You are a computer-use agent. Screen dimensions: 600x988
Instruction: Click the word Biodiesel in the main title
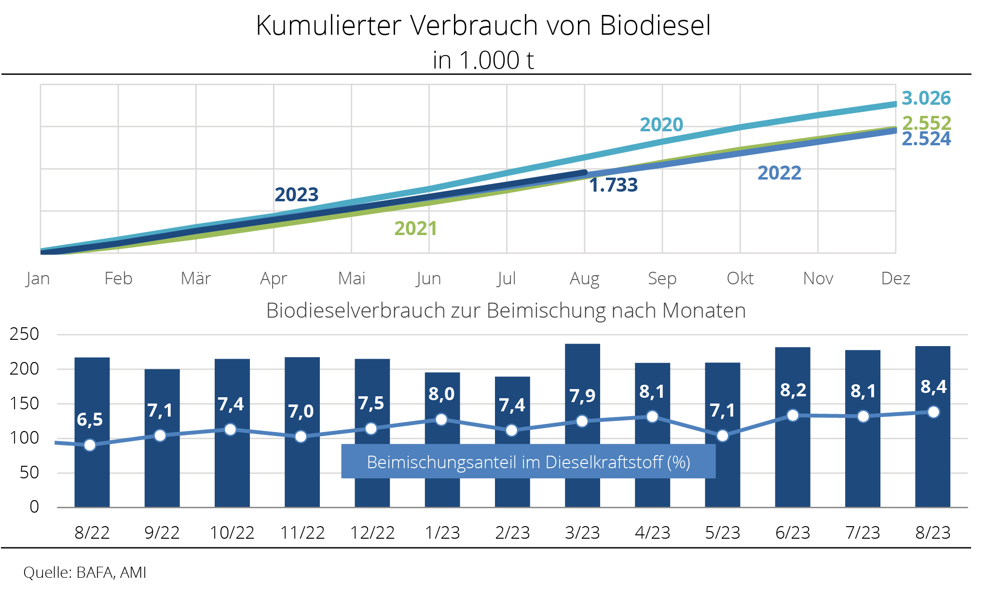pos(655,26)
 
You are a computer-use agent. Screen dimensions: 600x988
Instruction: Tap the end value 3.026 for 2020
pos(926,98)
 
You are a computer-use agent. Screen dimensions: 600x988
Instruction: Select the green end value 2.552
pos(926,123)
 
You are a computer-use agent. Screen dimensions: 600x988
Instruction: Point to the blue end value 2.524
pos(926,139)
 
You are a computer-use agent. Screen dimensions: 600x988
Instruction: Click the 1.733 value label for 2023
pos(613,185)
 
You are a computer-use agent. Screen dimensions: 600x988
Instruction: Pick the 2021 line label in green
pos(415,228)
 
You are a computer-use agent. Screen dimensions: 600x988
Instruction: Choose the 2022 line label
pos(779,173)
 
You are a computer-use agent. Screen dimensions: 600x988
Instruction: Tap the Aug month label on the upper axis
pos(584,279)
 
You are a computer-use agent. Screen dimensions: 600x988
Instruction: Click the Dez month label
pos(895,279)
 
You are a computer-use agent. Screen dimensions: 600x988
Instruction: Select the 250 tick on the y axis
pos(24,334)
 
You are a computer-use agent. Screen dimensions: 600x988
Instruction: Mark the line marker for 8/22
pos(90,445)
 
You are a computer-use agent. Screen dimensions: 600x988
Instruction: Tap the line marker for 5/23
pos(722,436)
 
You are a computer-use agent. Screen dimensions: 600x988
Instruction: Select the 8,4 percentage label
pos(933,387)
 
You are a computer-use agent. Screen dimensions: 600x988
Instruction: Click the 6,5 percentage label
pos(90,419)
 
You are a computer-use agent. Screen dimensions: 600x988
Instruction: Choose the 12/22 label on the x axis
pos(372,533)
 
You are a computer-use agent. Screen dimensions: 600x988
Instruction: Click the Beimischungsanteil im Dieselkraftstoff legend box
pos(528,462)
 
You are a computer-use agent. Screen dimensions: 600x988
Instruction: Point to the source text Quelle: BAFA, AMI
pos(85,572)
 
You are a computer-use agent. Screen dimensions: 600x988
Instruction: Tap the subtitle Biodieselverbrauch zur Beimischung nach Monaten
pos(506,310)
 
